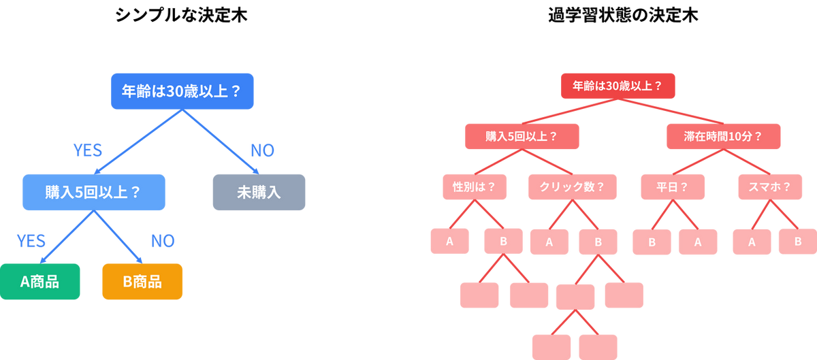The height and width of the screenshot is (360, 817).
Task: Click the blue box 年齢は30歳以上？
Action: [182, 90]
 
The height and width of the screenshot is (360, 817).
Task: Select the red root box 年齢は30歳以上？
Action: [618, 86]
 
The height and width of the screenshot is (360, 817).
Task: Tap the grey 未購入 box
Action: [259, 191]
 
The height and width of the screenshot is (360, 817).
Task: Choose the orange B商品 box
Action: [142, 281]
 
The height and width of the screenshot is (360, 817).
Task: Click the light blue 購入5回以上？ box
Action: [93, 191]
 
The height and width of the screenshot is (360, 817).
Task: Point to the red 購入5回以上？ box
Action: [522, 136]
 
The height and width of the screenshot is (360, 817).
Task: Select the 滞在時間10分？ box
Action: [723, 136]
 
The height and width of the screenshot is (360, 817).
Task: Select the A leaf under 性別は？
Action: [449, 242]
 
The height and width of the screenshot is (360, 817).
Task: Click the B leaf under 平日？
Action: [652, 242]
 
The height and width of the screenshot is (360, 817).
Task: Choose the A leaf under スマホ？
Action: [752, 242]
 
